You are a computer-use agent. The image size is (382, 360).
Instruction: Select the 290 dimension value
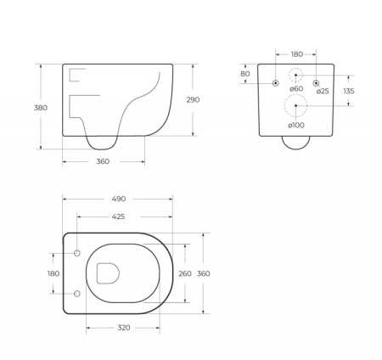click(x=194, y=99)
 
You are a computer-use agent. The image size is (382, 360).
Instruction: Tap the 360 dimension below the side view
click(x=103, y=161)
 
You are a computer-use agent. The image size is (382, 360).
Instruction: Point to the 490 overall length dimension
click(x=118, y=200)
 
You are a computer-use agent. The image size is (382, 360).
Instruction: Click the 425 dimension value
click(x=118, y=217)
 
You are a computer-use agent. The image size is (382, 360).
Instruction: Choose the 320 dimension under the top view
click(x=123, y=327)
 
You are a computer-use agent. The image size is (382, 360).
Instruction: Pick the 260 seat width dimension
click(x=184, y=273)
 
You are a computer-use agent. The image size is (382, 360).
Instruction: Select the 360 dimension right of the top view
click(x=203, y=273)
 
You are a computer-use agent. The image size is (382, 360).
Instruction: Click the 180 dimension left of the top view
click(x=53, y=273)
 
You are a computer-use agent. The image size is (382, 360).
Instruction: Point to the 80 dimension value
click(x=245, y=74)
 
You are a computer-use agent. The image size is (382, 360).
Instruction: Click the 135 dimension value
click(x=349, y=91)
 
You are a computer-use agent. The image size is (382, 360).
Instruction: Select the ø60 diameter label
click(x=296, y=89)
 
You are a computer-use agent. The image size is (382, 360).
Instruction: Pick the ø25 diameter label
click(x=323, y=91)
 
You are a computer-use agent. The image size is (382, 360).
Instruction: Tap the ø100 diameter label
click(x=295, y=126)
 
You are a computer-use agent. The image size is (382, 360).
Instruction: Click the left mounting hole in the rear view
click(x=276, y=83)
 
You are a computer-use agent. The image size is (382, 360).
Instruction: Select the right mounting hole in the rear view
click(x=317, y=83)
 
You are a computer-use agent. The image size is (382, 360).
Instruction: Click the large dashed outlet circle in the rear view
click(x=295, y=105)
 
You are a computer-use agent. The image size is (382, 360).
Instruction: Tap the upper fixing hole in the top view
click(x=77, y=254)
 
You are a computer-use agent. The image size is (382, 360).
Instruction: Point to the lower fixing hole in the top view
click(x=77, y=294)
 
